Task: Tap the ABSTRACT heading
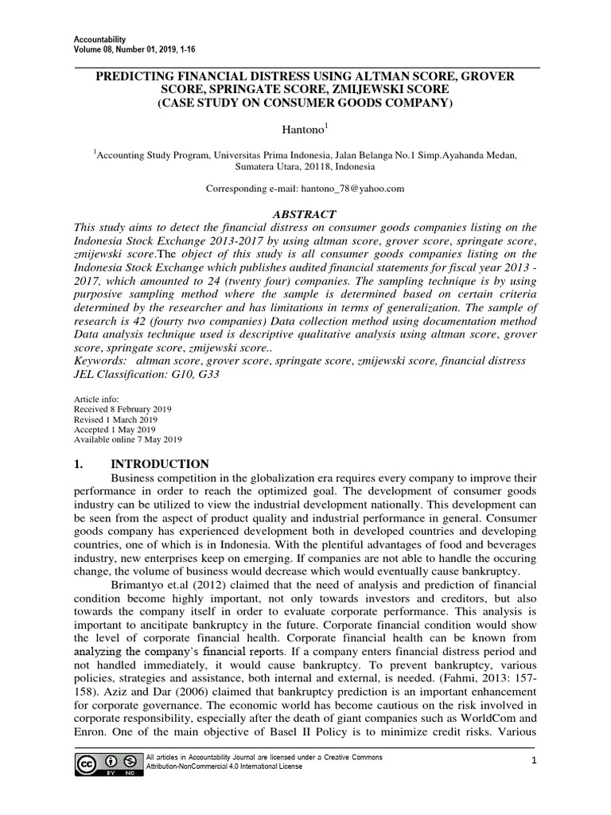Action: pos(305,214)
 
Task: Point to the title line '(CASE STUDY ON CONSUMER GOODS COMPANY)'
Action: pos(305,103)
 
